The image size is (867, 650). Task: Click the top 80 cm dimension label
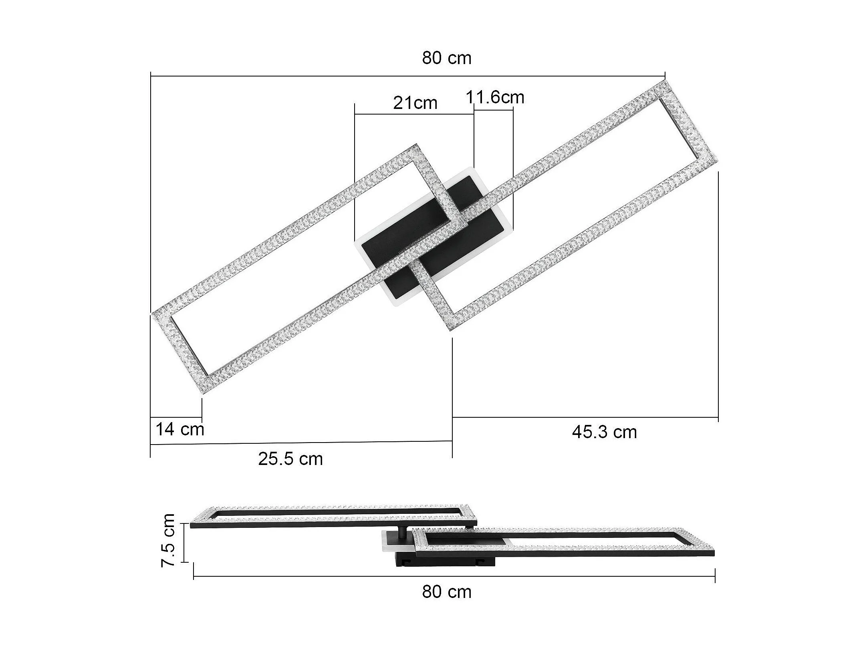point(447,58)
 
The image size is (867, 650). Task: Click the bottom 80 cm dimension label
point(447,592)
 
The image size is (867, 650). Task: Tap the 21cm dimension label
point(415,103)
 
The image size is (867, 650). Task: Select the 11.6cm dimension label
point(495,97)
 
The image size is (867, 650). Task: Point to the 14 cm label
point(179,430)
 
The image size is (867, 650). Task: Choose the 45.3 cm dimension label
point(604,432)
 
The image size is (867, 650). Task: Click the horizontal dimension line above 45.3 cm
point(585,417)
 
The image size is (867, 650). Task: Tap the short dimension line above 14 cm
point(176,418)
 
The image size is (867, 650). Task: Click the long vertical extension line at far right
point(718,296)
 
